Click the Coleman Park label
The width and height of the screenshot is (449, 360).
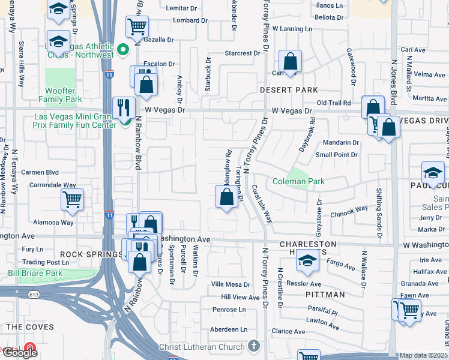[298, 181]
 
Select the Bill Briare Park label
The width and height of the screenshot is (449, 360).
[35, 273]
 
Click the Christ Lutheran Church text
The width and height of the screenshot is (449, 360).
[203, 347]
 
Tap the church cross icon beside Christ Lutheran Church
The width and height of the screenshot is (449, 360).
[254, 346]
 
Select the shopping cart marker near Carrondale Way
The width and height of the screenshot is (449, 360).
[73, 199]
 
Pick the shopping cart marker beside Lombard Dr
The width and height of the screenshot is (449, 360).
[137, 26]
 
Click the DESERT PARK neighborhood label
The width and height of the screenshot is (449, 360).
[289, 90]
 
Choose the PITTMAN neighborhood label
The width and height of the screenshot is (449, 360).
[325, 295]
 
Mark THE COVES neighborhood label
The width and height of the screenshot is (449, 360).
[30, 327]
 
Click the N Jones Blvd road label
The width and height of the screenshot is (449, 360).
[394, 78]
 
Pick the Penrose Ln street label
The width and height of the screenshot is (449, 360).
[229, 310]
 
